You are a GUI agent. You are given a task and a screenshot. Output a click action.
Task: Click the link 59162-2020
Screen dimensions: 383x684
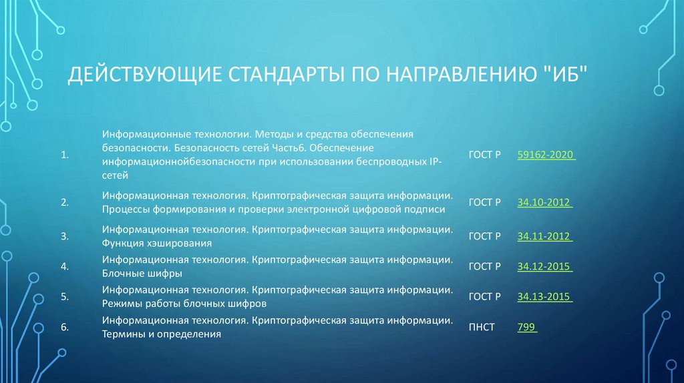(x=544, y=155)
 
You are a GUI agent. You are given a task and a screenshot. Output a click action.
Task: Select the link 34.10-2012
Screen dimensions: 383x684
(x=544, y=202)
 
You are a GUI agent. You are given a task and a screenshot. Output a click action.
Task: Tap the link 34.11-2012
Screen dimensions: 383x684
(x=544, y=236)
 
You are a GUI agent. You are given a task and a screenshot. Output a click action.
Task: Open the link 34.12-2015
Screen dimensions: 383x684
(x=544, y=266)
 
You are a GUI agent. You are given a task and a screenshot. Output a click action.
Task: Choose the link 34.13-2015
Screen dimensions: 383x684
(x=544, y=296)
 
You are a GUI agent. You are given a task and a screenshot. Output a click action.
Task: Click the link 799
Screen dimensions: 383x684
(x=526, y=327)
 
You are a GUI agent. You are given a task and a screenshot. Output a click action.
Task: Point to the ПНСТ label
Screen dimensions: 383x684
(x=482, y=327)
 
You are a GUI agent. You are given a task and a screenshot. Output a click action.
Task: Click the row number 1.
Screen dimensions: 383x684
(x=65, y=155)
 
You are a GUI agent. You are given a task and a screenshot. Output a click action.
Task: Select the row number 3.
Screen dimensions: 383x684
(x=65, y=236)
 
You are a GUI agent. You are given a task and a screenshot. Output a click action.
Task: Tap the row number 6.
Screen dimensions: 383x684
(x=65, y=327)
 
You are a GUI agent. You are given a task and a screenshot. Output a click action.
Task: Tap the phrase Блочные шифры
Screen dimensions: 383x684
(x=142, y=274)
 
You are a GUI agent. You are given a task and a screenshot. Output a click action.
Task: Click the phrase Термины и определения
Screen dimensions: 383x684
(x=162, y=334)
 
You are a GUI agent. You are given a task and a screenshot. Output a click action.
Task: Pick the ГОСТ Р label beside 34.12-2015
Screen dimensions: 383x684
(x=484, y=266)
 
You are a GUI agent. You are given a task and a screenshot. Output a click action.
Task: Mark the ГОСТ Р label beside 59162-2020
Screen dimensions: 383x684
(x=484, y=155)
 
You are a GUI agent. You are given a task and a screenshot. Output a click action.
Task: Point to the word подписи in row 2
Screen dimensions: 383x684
(x=425, y=210)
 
